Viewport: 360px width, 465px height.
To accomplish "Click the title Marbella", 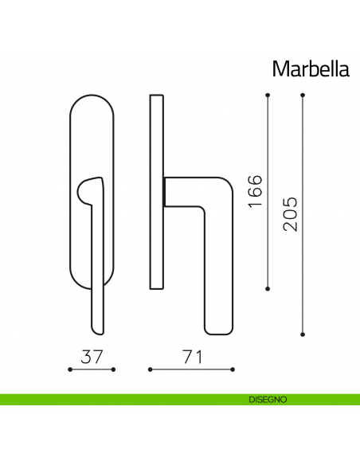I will pos(311,68).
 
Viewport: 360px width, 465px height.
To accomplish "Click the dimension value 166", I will pos(255,190).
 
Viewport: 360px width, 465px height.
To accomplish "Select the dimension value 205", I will pos(291,213).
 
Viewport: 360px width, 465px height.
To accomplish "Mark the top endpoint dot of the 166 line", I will pos(268,96).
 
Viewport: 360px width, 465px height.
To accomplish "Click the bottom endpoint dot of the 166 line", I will pos(268,288).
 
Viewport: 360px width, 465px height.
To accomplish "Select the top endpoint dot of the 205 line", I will pos(303,96).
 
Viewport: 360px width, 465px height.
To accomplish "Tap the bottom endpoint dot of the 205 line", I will pos(303,333).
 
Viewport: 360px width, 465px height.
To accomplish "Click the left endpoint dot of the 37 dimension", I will pos(71,369).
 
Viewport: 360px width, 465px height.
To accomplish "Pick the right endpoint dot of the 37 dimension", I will pos(114,369).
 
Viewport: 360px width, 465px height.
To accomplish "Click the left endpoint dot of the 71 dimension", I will pos(150,369).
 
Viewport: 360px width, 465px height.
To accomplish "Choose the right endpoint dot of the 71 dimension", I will pos(233,369).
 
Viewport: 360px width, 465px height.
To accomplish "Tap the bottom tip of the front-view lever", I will pos(96,327).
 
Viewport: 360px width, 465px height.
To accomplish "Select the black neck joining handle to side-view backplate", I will pos(165,192).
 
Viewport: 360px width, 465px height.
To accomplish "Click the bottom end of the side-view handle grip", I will pos(218,328).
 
